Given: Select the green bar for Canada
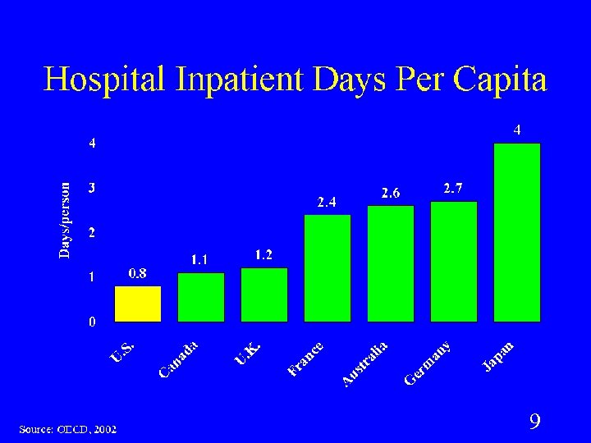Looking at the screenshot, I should [x=201, y=296].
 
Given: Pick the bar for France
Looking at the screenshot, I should [x=328, y=267].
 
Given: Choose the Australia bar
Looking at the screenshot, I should [x=391, y=263].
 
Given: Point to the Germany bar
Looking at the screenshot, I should [x=454, y=261].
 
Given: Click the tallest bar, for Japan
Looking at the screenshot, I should [x=517, y=232].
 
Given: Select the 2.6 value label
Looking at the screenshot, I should [x=391, y=193].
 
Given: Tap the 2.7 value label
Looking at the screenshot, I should [x=453, y=188].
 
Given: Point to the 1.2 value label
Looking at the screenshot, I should [x=263, y=255].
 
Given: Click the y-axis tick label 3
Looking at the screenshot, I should [x=93, y=187].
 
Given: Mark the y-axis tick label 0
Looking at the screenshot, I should [x=93, y=322].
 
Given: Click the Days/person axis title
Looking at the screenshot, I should [x=65, y=219].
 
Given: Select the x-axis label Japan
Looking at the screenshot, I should [x=498, y=358].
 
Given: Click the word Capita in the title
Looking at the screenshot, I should [x=498, y=80].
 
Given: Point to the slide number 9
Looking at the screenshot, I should [x=534, y=422].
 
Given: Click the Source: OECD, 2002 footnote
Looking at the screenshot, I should [x=68, y=429].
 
